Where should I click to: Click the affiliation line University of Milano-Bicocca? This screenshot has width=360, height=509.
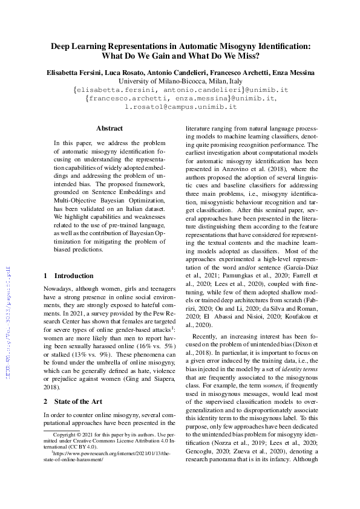[x=180, y=81]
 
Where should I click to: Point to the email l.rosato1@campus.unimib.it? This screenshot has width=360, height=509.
[x=180, y=106]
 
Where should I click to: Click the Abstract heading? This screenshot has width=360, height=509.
[x=110, y=128]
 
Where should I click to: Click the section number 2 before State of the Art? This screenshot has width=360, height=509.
[x=46, y=401]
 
